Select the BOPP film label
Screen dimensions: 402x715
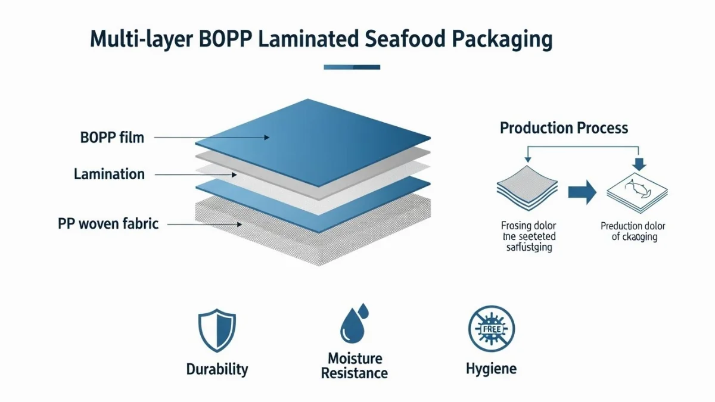click(112, 138)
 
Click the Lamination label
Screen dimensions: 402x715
click(109, 174)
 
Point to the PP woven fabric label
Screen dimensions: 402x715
click(108, 224)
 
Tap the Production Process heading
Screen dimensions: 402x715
click(564, 128)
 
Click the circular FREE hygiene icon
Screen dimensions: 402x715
click(491, 329)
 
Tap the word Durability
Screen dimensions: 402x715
click(217, 369)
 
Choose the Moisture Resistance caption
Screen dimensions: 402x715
click(354, 366)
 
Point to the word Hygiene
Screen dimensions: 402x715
click(491, 369)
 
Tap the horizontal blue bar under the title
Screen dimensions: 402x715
click(352, 67)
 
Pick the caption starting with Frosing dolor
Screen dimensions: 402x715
click(528, 236)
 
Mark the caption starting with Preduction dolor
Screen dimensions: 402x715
click(632, 232)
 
